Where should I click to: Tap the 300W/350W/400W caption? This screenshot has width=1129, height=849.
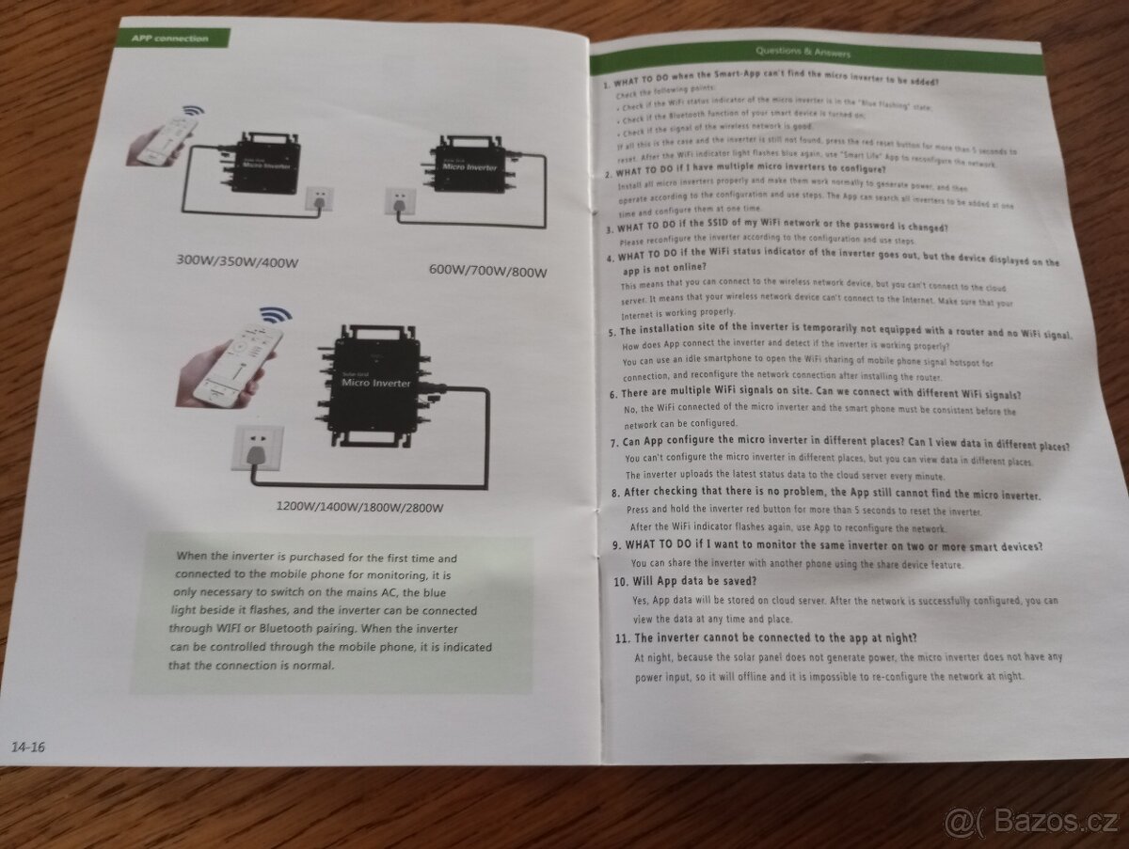tap(237, 261)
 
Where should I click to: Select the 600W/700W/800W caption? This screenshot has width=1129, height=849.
tap(487, 272)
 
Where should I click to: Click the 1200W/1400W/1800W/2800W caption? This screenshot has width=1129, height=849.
tap(359, 508)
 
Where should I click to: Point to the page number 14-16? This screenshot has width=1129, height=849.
tap(29, 747)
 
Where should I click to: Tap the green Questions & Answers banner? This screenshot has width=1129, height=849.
tap(815, 52)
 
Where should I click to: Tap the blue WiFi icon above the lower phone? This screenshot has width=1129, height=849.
tap(275, 316)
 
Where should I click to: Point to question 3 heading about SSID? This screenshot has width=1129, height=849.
tap(775, 228)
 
